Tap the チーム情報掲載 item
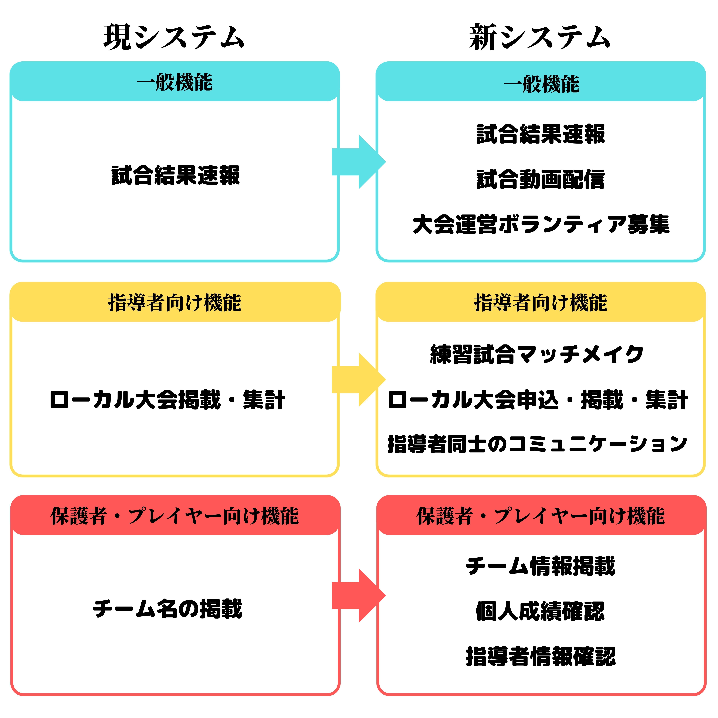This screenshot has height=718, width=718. [x=541, y=566]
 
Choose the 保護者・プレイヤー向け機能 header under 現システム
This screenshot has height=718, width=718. [x=175, y=516]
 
